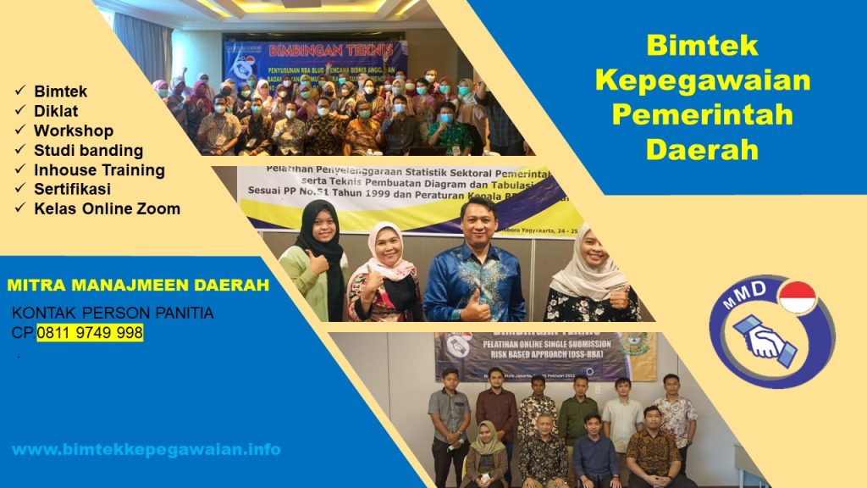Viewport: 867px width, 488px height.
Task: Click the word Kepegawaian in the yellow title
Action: point(703,80)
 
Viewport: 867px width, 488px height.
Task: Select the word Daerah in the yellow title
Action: point(702,149)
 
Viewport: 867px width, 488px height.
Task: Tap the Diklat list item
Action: point(56,111)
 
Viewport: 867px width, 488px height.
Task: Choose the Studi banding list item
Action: point(88,150)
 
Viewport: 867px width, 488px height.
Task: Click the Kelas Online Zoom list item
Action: point(107,208)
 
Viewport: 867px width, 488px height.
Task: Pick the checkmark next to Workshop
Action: point(19,131)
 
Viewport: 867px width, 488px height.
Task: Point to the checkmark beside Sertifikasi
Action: point(19,190)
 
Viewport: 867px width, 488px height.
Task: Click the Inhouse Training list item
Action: point(99,169)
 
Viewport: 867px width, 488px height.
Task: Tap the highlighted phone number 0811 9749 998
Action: point(90,333)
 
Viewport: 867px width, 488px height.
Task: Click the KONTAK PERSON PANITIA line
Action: point(113,313)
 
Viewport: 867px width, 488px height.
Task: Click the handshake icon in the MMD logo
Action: point(765,339)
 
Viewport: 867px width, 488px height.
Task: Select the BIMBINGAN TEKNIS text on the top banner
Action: point(314,48)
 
